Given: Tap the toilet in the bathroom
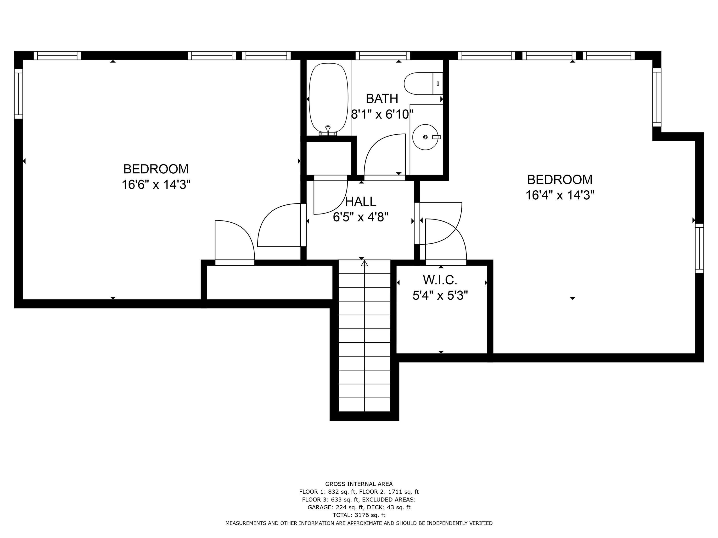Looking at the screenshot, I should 422,84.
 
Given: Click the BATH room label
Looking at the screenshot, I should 382,99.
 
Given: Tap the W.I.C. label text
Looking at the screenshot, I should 440,280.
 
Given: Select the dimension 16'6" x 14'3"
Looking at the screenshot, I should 156,185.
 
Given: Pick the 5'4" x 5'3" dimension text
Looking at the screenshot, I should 440,296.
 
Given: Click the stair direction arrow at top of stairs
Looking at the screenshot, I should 364,263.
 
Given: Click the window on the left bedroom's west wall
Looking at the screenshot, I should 18,94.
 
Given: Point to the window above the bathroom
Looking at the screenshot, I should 383,56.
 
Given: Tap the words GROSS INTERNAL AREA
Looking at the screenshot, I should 359,484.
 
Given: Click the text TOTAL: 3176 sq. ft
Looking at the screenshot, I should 359,515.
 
